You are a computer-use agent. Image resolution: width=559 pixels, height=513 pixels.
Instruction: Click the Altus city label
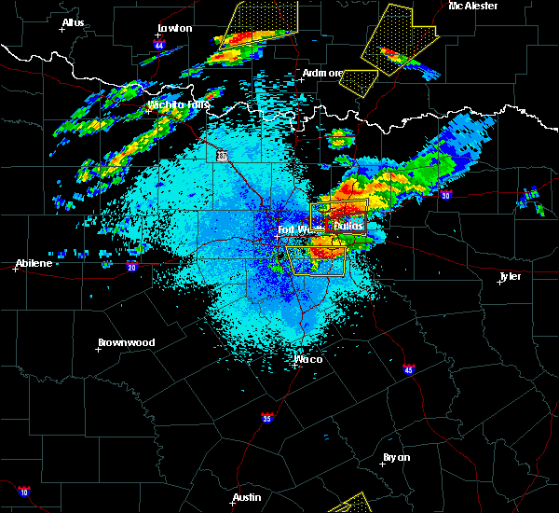click(x=73, y=22)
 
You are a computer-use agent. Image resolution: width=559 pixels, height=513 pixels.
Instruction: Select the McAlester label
click(x=472, y=6)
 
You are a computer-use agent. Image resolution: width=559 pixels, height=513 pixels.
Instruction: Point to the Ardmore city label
click(x=322, y=73)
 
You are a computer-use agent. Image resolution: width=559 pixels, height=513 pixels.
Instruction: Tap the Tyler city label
click(x=510, y=276)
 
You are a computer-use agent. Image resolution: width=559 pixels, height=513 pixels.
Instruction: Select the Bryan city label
click(x=396, y=457)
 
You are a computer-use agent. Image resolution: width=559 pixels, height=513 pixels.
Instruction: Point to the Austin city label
click(x=247, y=497)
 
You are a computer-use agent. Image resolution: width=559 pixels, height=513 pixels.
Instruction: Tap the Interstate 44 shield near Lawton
click(x=159, y=45)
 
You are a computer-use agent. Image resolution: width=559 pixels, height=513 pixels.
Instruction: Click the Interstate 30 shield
click(x=445, y=195)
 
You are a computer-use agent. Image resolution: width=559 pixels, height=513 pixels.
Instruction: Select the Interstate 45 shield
click(x=408, y=370)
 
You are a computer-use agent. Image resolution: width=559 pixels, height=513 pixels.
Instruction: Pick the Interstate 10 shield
click(x=23, y=492)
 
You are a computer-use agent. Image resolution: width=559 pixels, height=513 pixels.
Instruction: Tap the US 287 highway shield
click(x=223, y=157)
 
